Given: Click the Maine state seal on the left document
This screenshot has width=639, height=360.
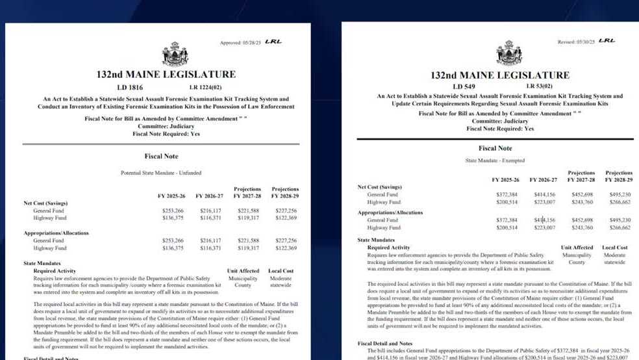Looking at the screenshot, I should pyautogui.click(x=175, y=54).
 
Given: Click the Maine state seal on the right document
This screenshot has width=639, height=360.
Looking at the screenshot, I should pyautogui.click(x=509, y=53).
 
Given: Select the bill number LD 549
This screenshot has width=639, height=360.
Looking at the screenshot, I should pyautogui.click(x=465, y=86).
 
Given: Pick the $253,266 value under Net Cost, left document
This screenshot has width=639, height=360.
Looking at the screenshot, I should pyautogui.click(x=173, y=211).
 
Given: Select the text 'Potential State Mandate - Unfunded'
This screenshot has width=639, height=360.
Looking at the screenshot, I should pyautogui.click(x=158, y=173).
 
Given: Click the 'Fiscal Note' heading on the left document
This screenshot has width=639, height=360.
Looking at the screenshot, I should pyautogui.click(x=161, y=156).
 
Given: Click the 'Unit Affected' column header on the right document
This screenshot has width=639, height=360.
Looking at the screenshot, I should pyautogui.click(x=577, y=248).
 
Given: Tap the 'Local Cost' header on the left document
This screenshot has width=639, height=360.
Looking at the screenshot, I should pyautogui.click(x=281, y=270).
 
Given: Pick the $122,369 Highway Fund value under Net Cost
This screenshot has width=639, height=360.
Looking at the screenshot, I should pyautogui.click(x=285, y=218).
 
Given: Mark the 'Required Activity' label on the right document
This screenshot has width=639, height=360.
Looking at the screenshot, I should pyautogui.click(x=388, y=248).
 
